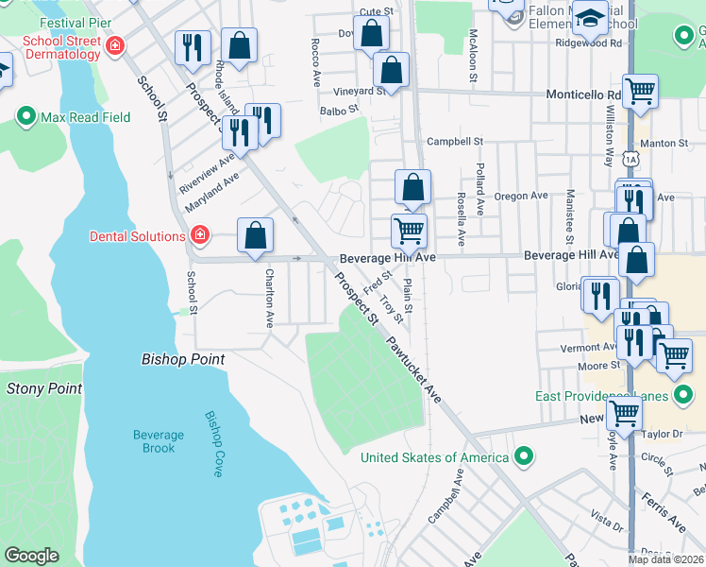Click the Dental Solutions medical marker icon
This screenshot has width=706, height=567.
coord(199,235)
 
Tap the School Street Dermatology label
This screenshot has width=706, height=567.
coord(62,47)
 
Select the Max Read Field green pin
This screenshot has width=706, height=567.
coord(25,118)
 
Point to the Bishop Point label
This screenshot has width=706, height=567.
coord(182,359)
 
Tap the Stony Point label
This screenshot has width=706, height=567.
coord(44,387)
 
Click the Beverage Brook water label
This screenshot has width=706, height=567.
coord(159,441)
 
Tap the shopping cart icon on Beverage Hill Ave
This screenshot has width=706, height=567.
coord(409,230)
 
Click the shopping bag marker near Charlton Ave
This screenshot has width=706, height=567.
coord(255,236)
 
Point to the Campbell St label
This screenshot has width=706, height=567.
coord(455,142)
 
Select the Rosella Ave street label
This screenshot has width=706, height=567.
coord(461,219)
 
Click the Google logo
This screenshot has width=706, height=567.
coord(31,556)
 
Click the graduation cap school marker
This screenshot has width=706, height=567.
coord(591,18)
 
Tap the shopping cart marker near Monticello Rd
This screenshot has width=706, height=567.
coord(640,92)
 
